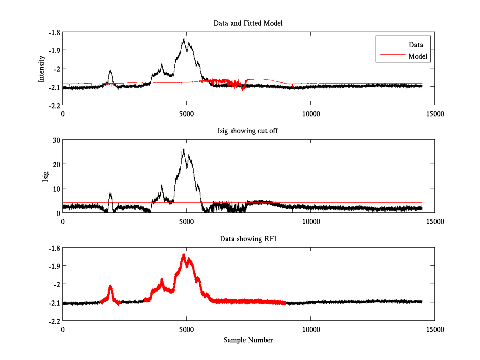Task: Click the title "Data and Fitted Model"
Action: coord(248,23)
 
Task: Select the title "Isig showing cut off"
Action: coord(248,131)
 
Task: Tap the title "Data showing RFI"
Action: coord(248,239)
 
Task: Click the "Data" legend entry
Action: coord(416,45)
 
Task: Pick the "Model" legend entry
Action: coord(418,56)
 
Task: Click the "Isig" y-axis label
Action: coord(45,176)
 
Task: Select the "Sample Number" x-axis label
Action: coord(248,340)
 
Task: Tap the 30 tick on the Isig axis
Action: coord(55,140)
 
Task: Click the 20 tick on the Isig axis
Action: coord(55,164)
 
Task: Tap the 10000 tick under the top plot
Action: coord(310,114)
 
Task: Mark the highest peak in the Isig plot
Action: coord(184,149)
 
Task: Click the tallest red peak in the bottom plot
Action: coord(184,254)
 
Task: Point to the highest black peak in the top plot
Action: coord(184,39)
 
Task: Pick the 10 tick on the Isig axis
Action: coord(55,188)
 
